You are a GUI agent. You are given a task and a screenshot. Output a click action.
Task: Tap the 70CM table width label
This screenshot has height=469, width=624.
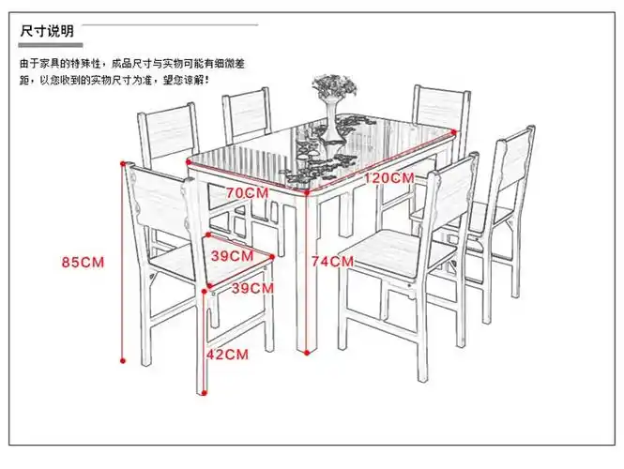coord(248,192)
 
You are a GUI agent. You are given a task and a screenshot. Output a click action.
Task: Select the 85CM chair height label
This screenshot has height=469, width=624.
coord(83,262)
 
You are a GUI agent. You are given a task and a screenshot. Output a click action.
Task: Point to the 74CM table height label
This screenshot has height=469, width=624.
coord(331,262)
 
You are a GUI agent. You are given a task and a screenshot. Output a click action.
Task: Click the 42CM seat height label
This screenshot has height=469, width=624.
coord(227,355)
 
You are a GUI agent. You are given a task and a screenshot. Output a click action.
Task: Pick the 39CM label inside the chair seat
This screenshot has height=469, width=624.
coord(231,255)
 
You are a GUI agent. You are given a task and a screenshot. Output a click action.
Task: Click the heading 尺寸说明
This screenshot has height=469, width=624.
coord(47,32)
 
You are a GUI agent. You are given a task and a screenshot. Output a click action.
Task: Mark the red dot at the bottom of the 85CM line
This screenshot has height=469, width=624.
coord(123,358)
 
